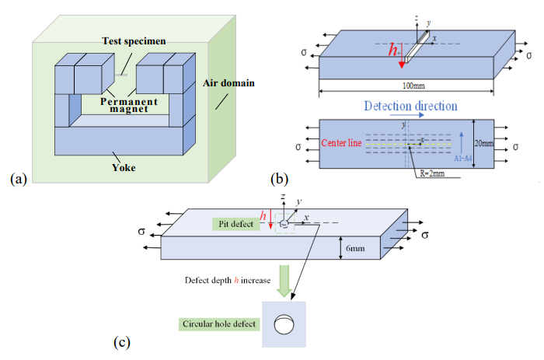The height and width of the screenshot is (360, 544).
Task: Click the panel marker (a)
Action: tap(19, 180)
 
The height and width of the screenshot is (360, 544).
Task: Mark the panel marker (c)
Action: tap(124, 341)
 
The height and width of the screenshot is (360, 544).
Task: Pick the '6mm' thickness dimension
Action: tap(354, 248)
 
